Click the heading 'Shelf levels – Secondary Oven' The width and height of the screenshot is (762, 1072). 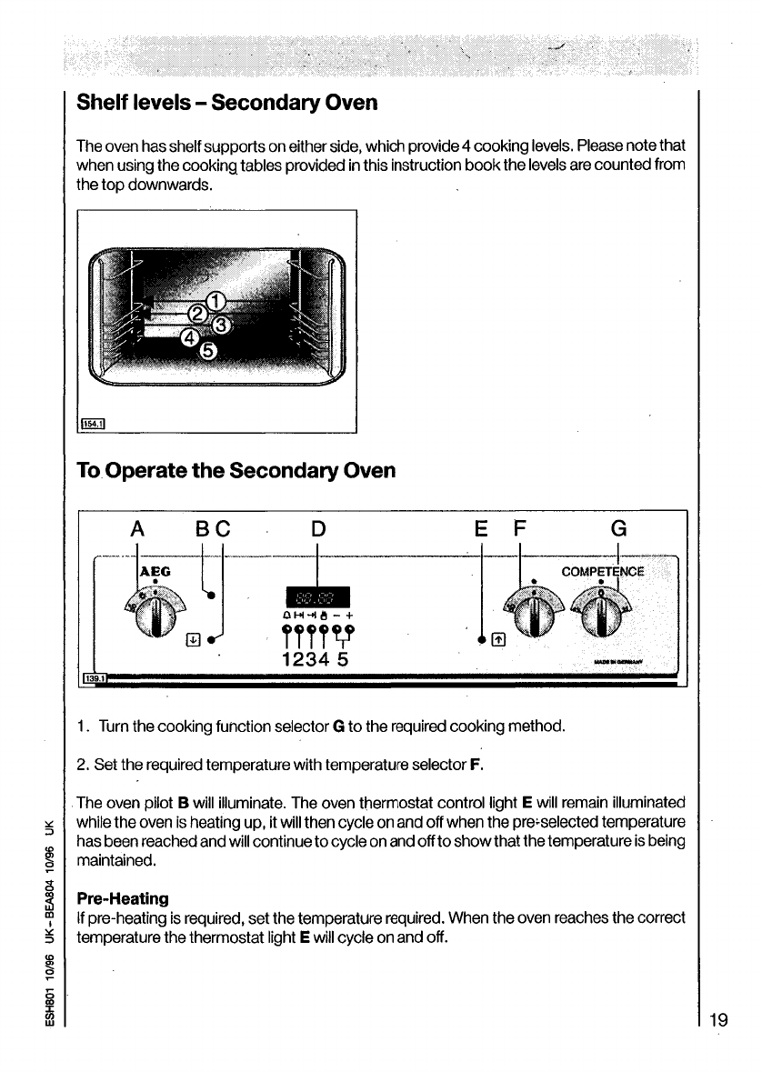[227, 101]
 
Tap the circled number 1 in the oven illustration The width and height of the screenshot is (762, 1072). [216, 301]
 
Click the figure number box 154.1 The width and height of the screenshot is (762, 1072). [94, 423]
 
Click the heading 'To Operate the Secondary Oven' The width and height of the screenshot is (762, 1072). [236, 471]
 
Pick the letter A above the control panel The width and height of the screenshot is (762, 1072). [137, 528]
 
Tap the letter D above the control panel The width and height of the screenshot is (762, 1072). [318, 528]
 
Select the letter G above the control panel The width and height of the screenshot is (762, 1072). [618, 528]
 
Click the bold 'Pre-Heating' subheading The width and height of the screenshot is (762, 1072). [123, 898]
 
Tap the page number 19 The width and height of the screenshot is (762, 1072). [718, 1019]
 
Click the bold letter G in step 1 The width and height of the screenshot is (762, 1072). [337, 726]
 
